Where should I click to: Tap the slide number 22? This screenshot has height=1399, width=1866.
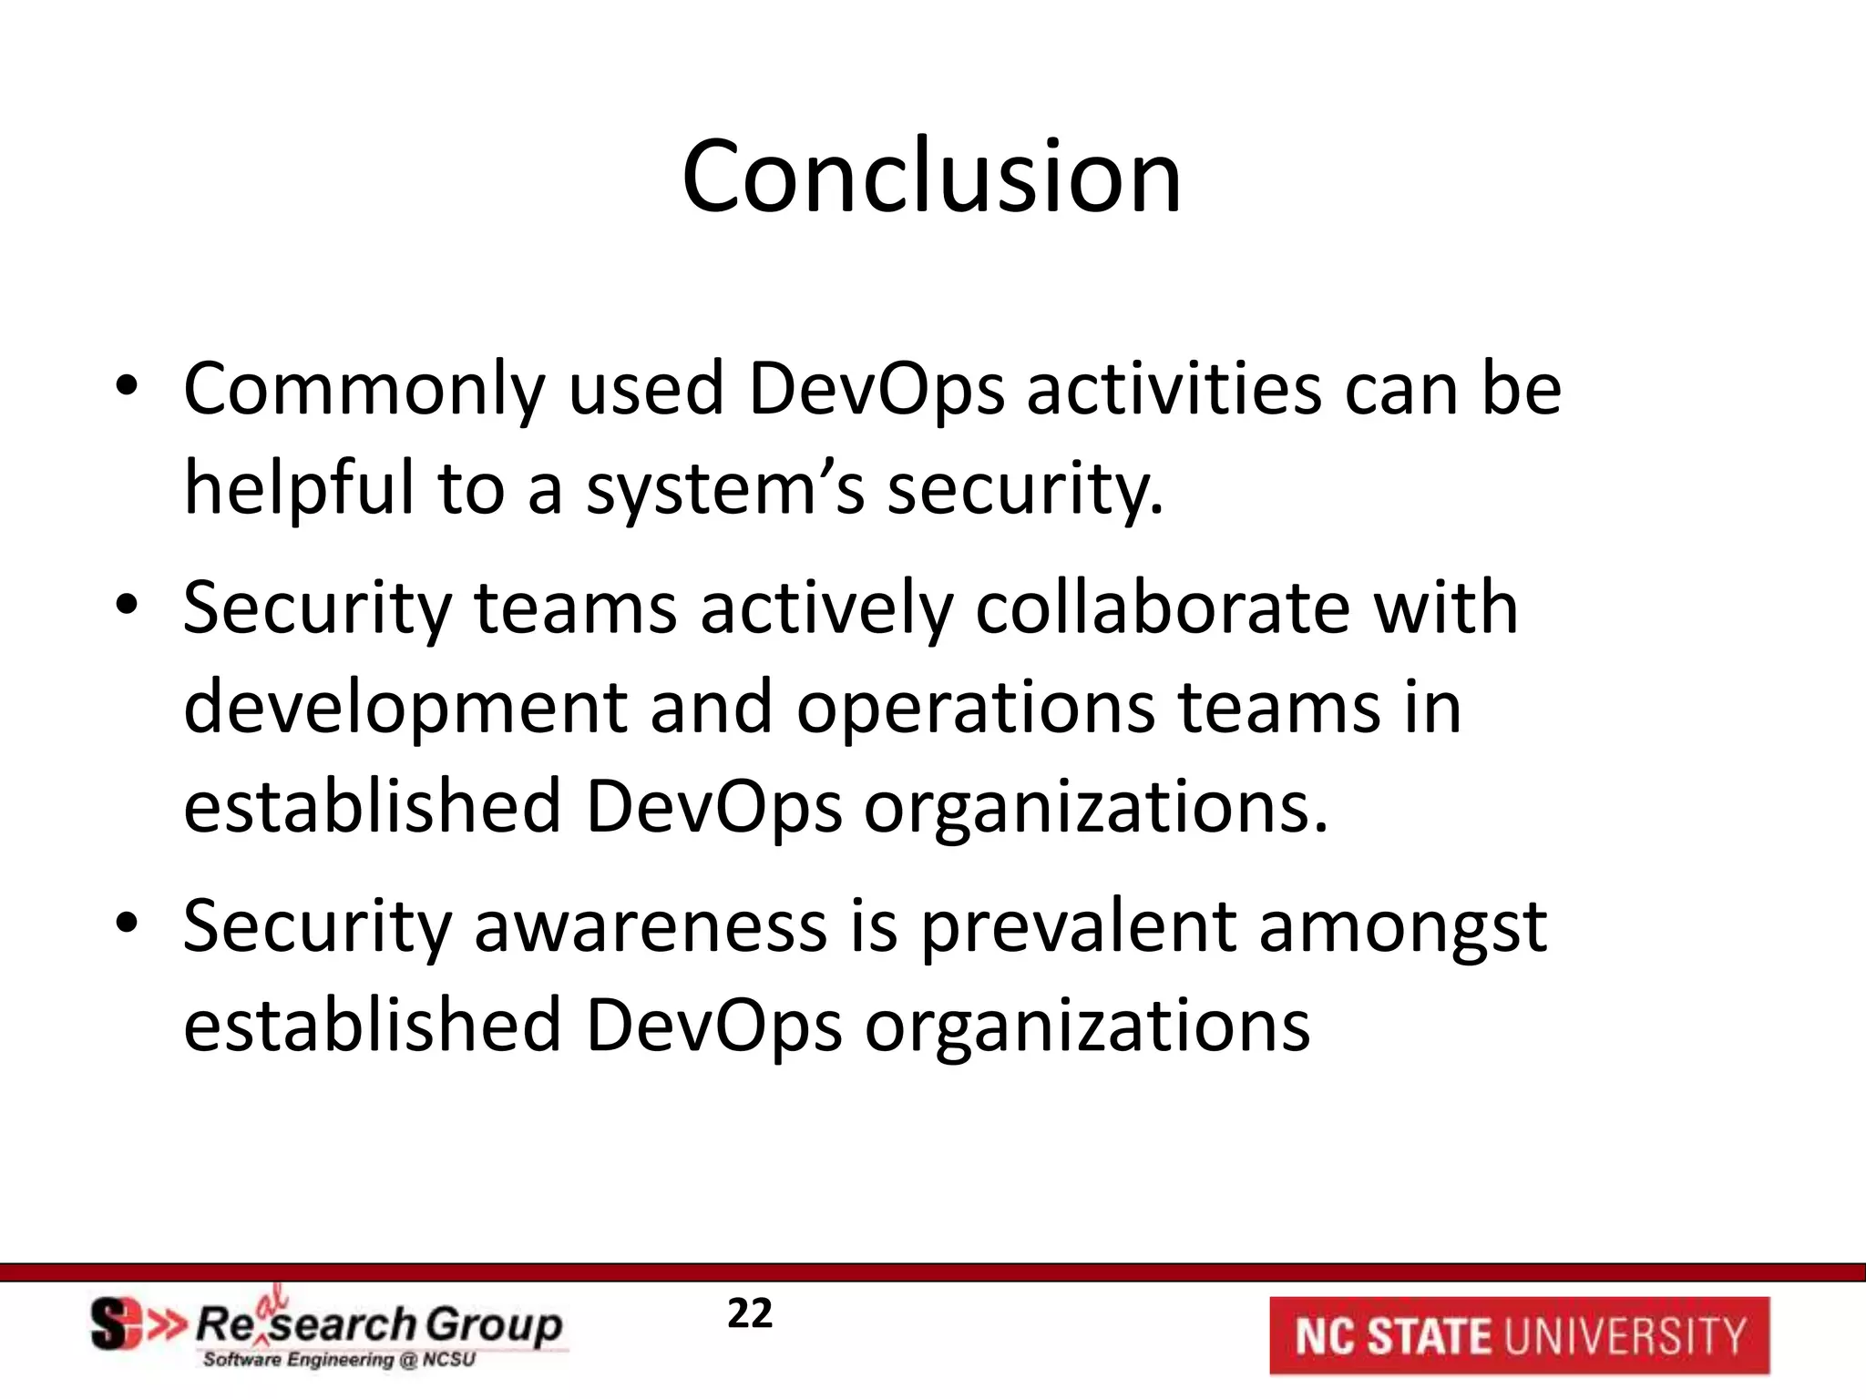[x=749, y=1313]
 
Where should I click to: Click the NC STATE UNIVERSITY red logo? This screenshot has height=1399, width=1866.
[x=1519, y=1335]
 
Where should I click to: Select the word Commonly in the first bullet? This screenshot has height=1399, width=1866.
[x=364, y=390]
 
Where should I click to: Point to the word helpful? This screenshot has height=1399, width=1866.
[x=299, y=486]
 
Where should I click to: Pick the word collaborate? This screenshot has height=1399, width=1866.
[x=1163, y=608]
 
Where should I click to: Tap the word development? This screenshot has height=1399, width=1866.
[x=405, y=708]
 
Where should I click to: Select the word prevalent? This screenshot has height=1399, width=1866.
[x=1078, y=926]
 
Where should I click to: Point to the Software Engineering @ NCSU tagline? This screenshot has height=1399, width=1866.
[x=339, y=1360]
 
